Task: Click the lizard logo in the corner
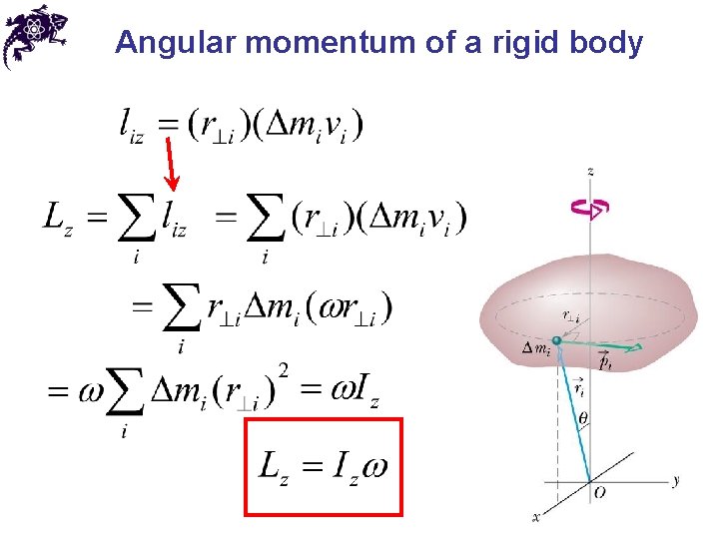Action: (34, 36)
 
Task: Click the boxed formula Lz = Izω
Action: (324, 466)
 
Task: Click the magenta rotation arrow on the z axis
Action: (589, 208)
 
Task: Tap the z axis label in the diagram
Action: (590, 172)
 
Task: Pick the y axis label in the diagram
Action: (676, 481)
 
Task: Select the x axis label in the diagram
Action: (536, 517)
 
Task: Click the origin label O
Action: (599, 493)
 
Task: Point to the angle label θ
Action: (584, 419)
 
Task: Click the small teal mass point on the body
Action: (557, 342)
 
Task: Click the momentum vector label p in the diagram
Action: (606, 364)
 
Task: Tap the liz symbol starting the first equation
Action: (132, 126)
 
